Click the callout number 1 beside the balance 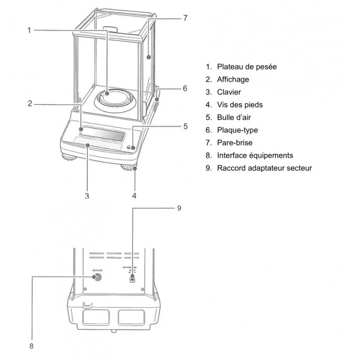point(29,30)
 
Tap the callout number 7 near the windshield point(185,18)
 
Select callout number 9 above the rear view point(179,208)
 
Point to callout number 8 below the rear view point(31,346)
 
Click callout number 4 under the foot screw point(134,195)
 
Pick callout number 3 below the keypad point(87,196)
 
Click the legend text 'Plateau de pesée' point(247,67)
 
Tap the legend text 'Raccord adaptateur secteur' point(264,168)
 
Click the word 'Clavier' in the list point(229,92)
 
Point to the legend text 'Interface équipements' point(255,155)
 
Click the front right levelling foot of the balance point(128,168)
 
